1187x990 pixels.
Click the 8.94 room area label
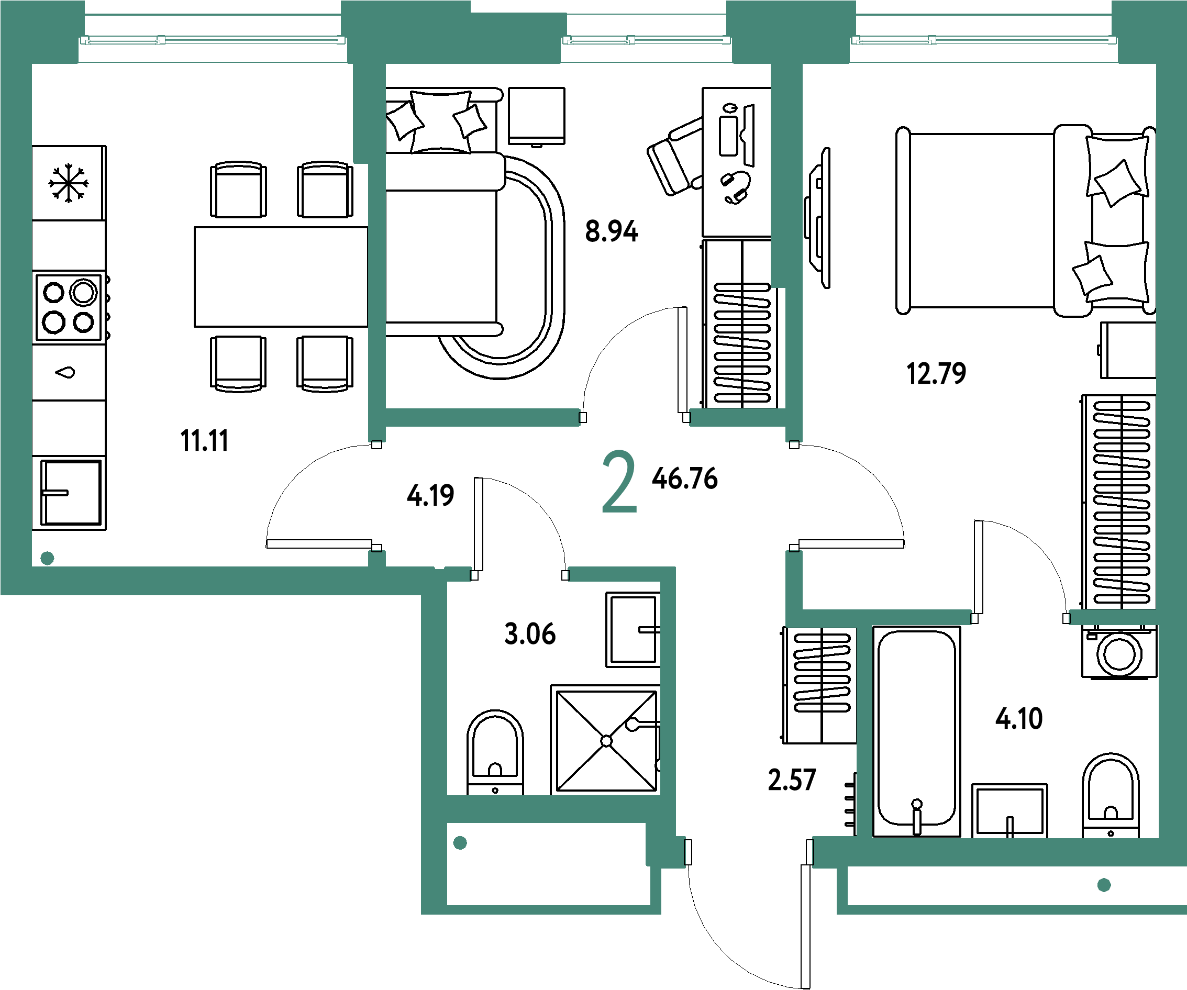click(612, 231)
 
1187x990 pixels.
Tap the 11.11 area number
click(204, 441)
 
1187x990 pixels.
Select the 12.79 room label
click(936, 373)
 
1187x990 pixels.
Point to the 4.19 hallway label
click(430, 496)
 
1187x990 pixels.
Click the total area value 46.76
click(684, 479)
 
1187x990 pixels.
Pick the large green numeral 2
click(619, 482)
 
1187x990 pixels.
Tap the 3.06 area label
click(530, 634)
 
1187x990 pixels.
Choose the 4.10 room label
click(1019, 719)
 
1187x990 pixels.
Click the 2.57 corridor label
click(792, 780)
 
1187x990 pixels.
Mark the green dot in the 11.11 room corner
click(48, 558)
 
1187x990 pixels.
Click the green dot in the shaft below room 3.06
click(460, 843)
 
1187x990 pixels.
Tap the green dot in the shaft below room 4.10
click(1104, 885)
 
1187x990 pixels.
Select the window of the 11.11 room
click(213, 40)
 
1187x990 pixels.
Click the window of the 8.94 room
click(647, 40)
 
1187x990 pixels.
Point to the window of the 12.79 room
click(984, 40)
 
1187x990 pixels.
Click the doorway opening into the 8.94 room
click(635, 418)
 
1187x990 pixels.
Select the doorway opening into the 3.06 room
click(519, 575)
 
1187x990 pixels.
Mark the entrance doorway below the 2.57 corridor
click(749, 852)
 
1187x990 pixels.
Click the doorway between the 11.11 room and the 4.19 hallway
click(377, 496)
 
